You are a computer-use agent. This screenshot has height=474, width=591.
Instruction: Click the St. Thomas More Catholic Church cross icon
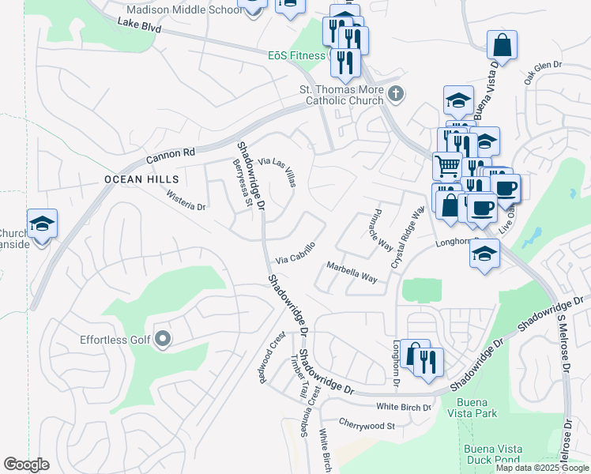coord(397,95)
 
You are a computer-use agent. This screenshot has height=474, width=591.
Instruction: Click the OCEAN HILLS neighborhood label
coord(141,180)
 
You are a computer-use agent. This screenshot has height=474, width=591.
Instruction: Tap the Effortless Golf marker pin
coord(164,340)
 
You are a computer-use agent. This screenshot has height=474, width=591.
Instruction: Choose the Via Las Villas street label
coord(278,171)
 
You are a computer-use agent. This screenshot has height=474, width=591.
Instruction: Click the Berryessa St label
coord(242,183)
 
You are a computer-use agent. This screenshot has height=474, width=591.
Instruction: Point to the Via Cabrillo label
coord(296,253)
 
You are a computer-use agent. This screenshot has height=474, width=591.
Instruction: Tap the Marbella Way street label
coord(352,271)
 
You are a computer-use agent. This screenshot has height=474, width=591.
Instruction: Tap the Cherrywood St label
coord(366,424)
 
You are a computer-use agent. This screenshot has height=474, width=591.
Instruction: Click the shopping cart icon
coord(446,166)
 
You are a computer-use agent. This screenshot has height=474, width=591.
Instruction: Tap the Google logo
coord(26,465)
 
